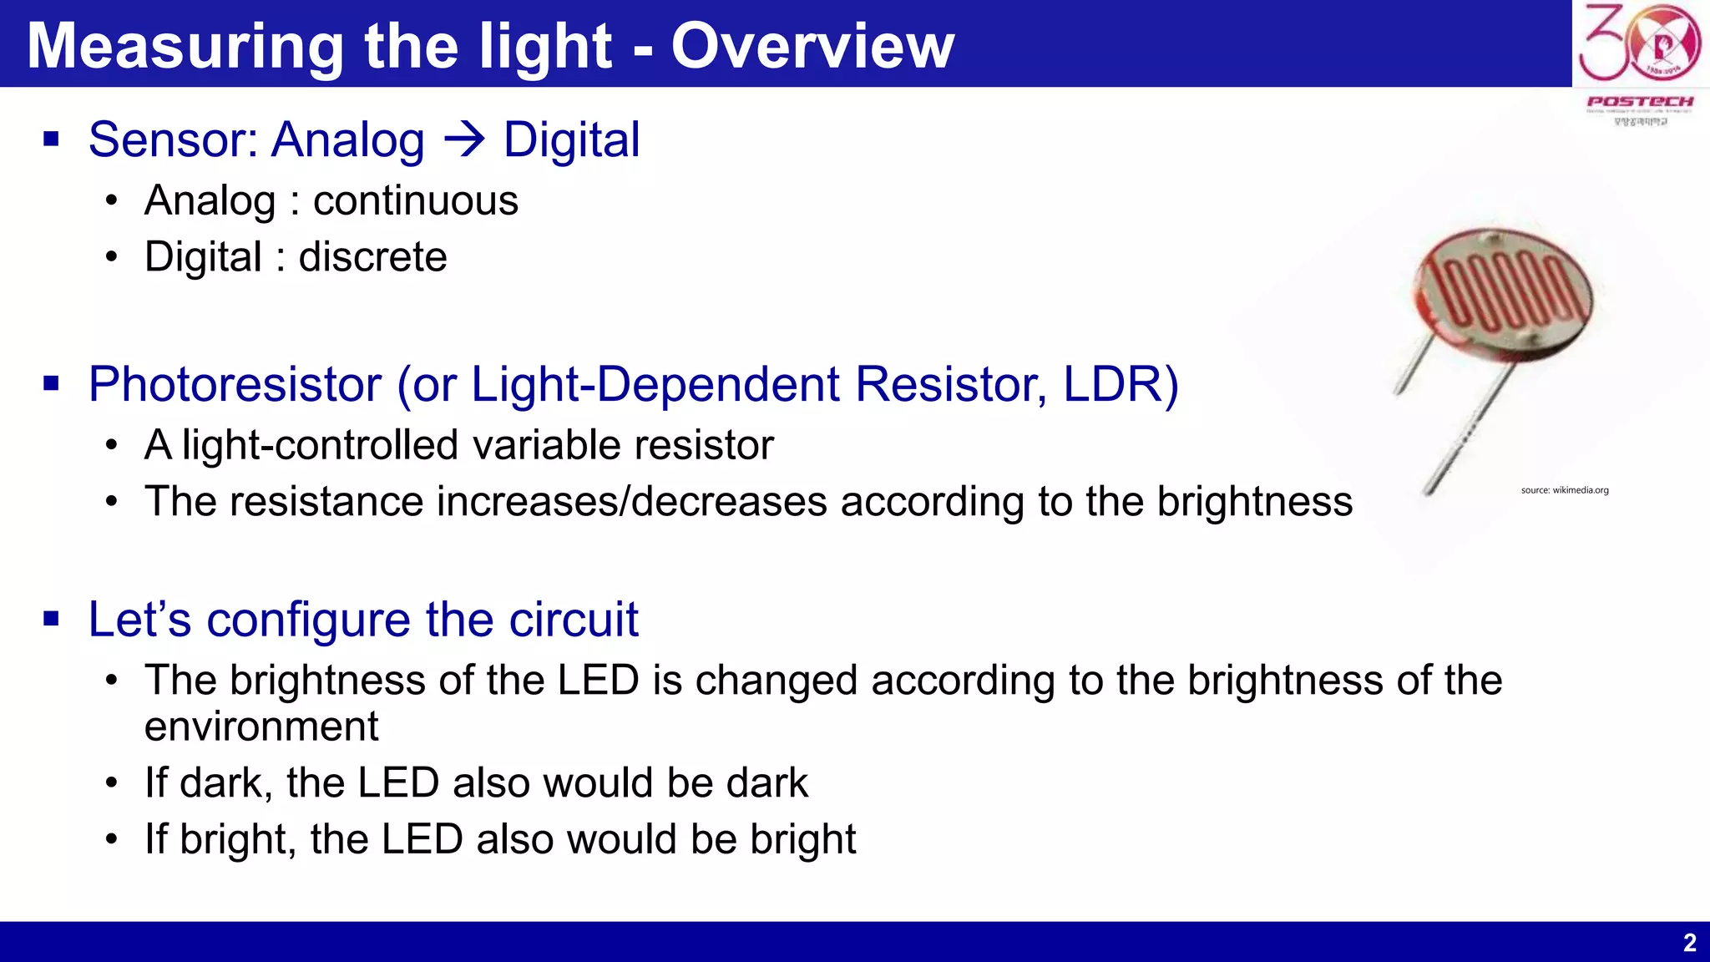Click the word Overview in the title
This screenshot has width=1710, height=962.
[812, 46]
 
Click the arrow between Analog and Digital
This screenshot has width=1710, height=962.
[464, 139]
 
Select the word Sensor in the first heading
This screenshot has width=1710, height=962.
[172, 139]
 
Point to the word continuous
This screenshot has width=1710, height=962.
[416, 201]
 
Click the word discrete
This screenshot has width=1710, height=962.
[372, 257]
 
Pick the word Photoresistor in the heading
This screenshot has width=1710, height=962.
[235, 384]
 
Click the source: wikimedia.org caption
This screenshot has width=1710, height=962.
[1564, 490]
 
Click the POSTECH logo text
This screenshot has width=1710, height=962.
[1640, 102]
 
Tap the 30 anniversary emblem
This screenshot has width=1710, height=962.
[1639, 43]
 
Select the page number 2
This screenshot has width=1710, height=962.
[1689, 943]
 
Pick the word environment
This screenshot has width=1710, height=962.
[261, 727]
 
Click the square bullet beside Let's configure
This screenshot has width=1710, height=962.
[52, 620]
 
